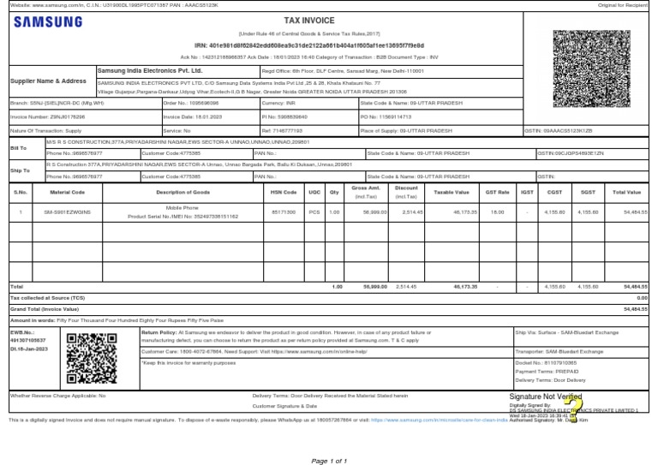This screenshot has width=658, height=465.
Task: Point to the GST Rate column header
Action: pyautogui.click(x=497, y=193)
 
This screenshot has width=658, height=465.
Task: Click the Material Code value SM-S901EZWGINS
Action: pyautogui.click(x=67, y=211)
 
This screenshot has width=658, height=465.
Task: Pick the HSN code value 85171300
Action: pyautogui.click(x=283, y=211)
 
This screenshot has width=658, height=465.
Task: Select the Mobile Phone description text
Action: pyautogui.click(x=182, y=207)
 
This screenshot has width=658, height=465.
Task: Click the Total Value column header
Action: pyautogui.click(x=627, y=193)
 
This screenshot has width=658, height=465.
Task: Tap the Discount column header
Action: pyautogui.click(x=407, y=188)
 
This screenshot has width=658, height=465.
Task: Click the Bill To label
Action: pyautogui.click(x=19, y=147)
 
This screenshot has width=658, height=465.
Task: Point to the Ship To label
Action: pyautogui.click(x=20, y=170)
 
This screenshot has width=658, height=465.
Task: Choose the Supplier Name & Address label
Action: pyautogui.click(x=48, y=80)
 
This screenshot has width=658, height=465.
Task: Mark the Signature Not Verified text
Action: pyautogui.click(x=546, y=397)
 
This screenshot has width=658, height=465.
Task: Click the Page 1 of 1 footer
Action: pyautogui.click(x=329, y=461)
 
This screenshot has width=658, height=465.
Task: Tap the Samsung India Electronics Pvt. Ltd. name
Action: pyautogui.click(x=149, y=70)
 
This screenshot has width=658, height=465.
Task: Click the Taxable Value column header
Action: pyautogui.click(x=452, y=193)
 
